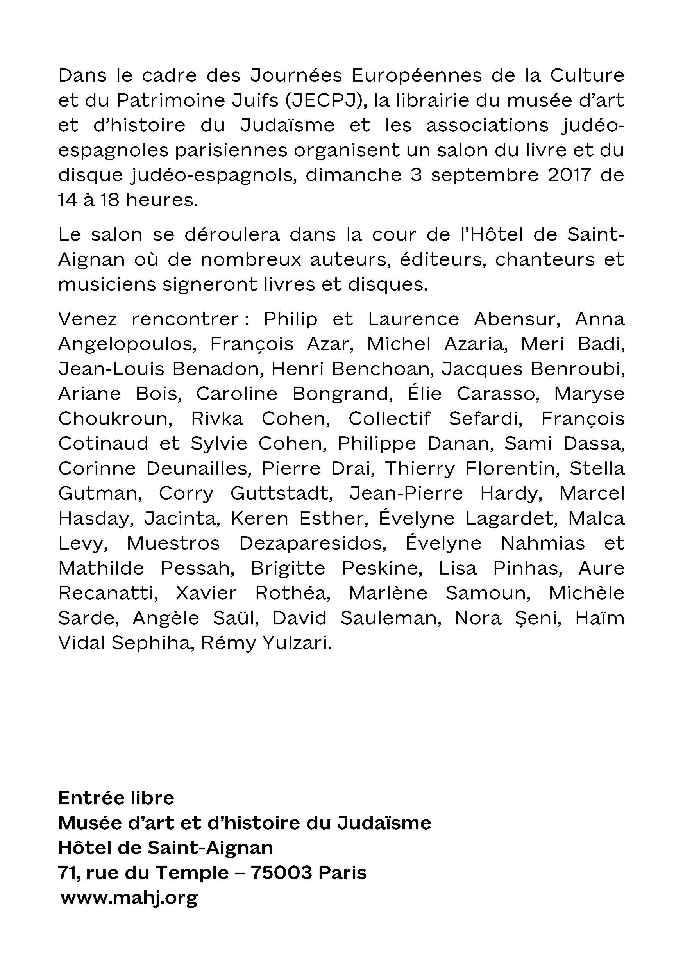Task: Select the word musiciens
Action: pyautogui.click(x=107, y=284)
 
